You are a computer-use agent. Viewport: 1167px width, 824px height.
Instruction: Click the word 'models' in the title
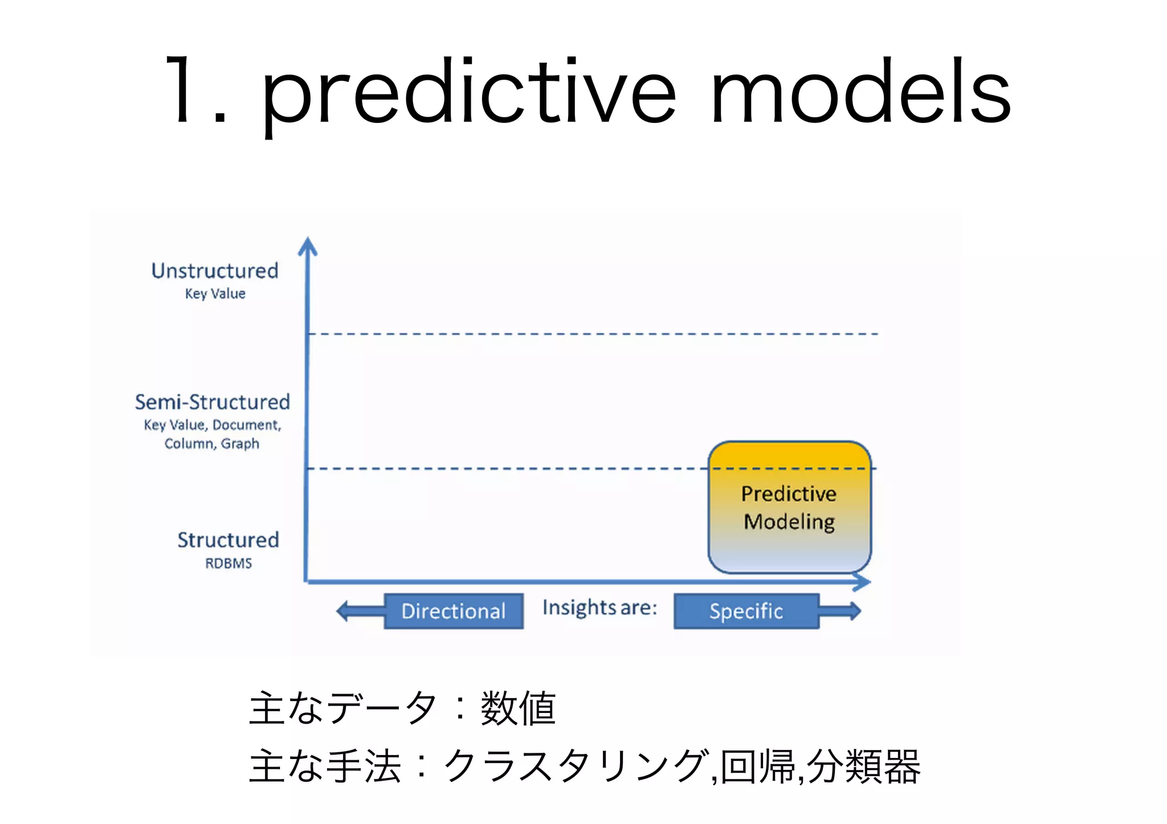(861, 91)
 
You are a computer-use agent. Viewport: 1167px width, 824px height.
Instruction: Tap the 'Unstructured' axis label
(215, 271)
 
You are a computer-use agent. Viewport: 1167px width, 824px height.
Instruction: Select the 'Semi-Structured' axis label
(212, 402)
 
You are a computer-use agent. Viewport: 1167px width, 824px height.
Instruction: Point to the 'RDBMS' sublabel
(228, 563)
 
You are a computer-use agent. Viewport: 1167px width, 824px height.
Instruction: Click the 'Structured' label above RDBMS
(228, 540)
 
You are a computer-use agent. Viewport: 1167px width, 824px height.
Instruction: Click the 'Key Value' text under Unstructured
(215, 294)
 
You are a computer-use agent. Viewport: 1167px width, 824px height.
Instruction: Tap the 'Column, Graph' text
(212, 444)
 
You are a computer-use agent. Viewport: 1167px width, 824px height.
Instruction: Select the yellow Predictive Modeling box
(789, 507)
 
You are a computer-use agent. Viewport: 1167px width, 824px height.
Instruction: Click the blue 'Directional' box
(454, 611)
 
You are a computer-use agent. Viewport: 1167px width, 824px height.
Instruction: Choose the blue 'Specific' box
(746, 611)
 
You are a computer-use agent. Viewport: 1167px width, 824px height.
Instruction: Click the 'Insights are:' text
(599, 608)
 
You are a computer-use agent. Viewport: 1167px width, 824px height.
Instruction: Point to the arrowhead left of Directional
(343, 611)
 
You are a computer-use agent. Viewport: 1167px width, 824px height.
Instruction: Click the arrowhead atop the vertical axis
(308, 246)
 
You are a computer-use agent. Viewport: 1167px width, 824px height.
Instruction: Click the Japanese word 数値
(518, 708)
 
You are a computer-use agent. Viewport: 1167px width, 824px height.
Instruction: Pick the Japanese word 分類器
(863, 766)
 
